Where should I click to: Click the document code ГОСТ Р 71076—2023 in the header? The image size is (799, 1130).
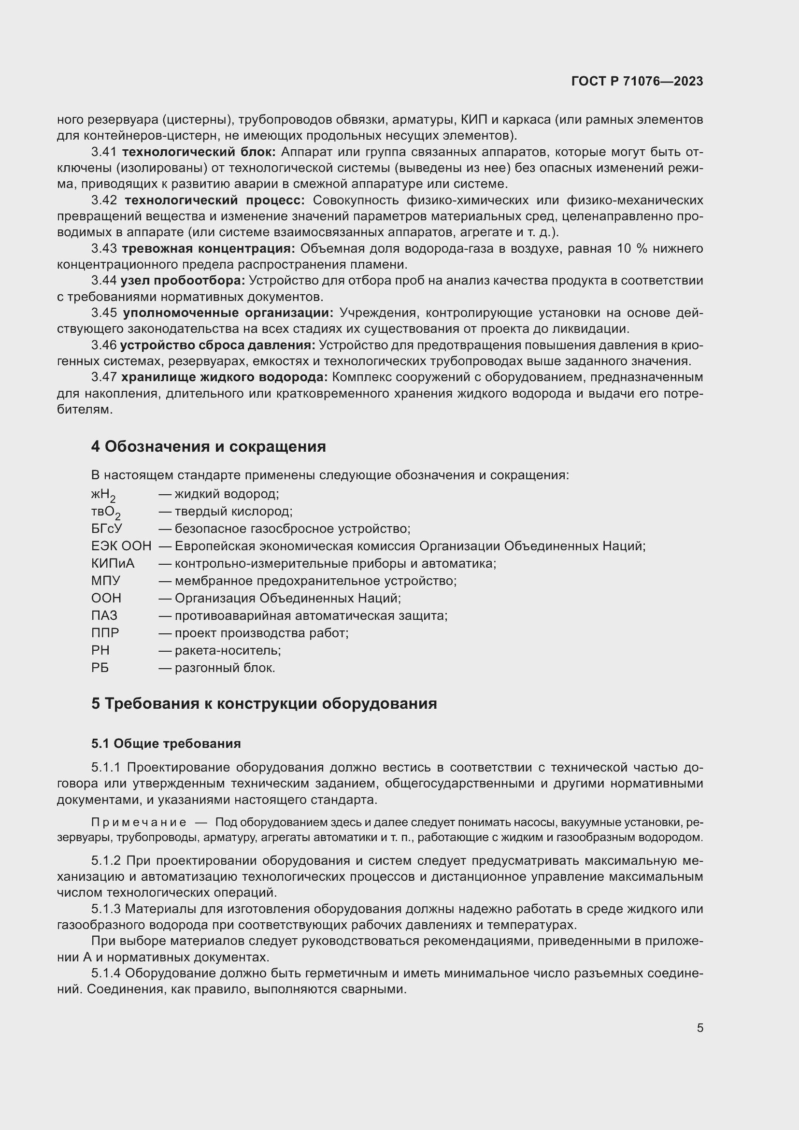[637, 82]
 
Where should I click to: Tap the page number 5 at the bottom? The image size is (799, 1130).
[699, 1028]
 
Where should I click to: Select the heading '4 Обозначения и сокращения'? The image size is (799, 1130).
[208, 446]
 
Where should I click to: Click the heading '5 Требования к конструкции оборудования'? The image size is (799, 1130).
[264, 703]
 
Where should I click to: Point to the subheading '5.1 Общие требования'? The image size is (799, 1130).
[166, 743]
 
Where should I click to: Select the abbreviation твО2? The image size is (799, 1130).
[105, 512]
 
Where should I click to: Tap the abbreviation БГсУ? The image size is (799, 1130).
[106, 529]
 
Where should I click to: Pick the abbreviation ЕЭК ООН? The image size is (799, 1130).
[121, 546]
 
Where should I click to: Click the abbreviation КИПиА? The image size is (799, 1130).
[113, 563]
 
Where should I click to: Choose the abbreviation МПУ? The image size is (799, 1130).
[106, 581]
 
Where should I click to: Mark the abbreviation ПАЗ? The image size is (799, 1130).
[104, 615]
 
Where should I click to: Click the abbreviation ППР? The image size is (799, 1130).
[105, 633]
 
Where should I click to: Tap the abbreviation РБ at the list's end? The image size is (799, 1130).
[100, 668]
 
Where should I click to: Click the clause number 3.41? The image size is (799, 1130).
[104, 152]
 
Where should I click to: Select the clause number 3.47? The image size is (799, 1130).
[104, 377]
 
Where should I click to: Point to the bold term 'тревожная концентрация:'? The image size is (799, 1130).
[208, 248]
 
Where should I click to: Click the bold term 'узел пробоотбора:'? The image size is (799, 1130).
[183, 281]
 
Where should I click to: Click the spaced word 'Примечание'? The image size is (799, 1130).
[139, 822]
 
